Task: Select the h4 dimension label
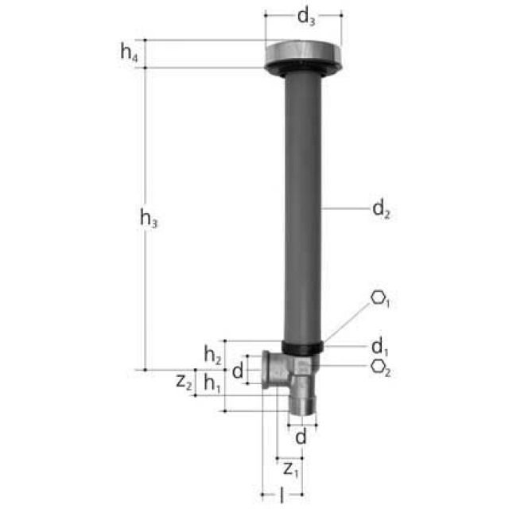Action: click(129, 52)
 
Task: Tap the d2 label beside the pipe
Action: click(381, 210)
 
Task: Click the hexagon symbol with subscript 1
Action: click(381, 300)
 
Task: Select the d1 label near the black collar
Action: click(379, 347)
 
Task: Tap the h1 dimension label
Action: click(212, 383)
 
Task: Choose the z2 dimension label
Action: click(184, 382)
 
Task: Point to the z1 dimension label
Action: click(291, 467)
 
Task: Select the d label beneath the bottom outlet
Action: click(301, 437)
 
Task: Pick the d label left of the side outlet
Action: click(237, 370)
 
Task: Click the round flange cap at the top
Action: click(303, 55)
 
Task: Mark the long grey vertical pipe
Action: click(302, 207)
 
